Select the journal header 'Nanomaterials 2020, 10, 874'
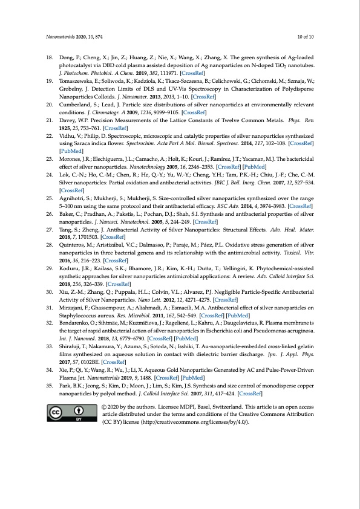pos(72,37)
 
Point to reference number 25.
pos(50,198)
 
